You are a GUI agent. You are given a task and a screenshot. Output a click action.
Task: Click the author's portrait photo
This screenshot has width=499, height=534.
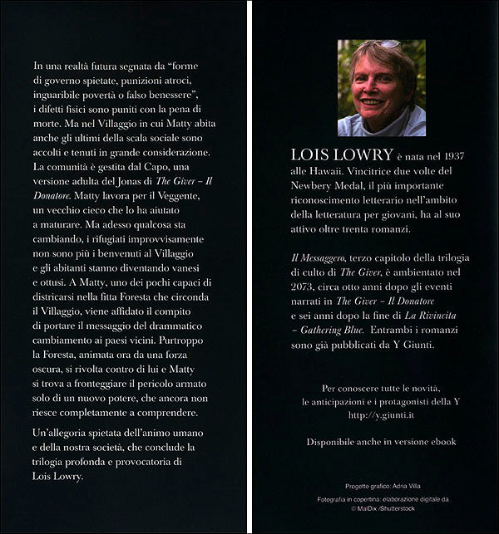pyautogui.click(x=382, y=88)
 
